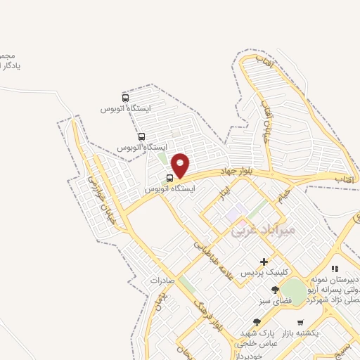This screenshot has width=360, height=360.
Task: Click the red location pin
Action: (x=181, y=165)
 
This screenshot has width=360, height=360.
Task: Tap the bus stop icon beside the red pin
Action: (x=169, y=179)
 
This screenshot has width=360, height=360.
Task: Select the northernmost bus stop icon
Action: (x=125, y=98)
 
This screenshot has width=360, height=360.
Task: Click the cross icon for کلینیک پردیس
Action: (x=264, y=262)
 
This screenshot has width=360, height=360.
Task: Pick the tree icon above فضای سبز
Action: (x=275, y=289)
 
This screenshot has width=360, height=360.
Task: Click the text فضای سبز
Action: (x=275, y=300)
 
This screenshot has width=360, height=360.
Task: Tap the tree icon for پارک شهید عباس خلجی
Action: (x=256, y=322)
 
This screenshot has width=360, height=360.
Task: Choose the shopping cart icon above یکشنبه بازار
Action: (x=300, y=323)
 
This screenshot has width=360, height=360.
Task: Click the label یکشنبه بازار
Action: (x=300, y=333)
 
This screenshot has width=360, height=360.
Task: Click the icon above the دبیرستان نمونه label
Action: (x=335, y=269)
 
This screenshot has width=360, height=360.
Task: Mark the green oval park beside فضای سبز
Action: (x=295, y=291)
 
